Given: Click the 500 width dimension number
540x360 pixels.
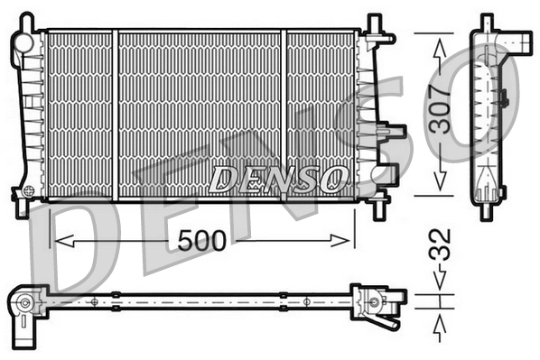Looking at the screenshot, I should (x=201, y=240).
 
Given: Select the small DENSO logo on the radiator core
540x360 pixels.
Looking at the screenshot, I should (x=277, y=178).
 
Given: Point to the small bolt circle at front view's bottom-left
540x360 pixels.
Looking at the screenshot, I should (x=30, y=191).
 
